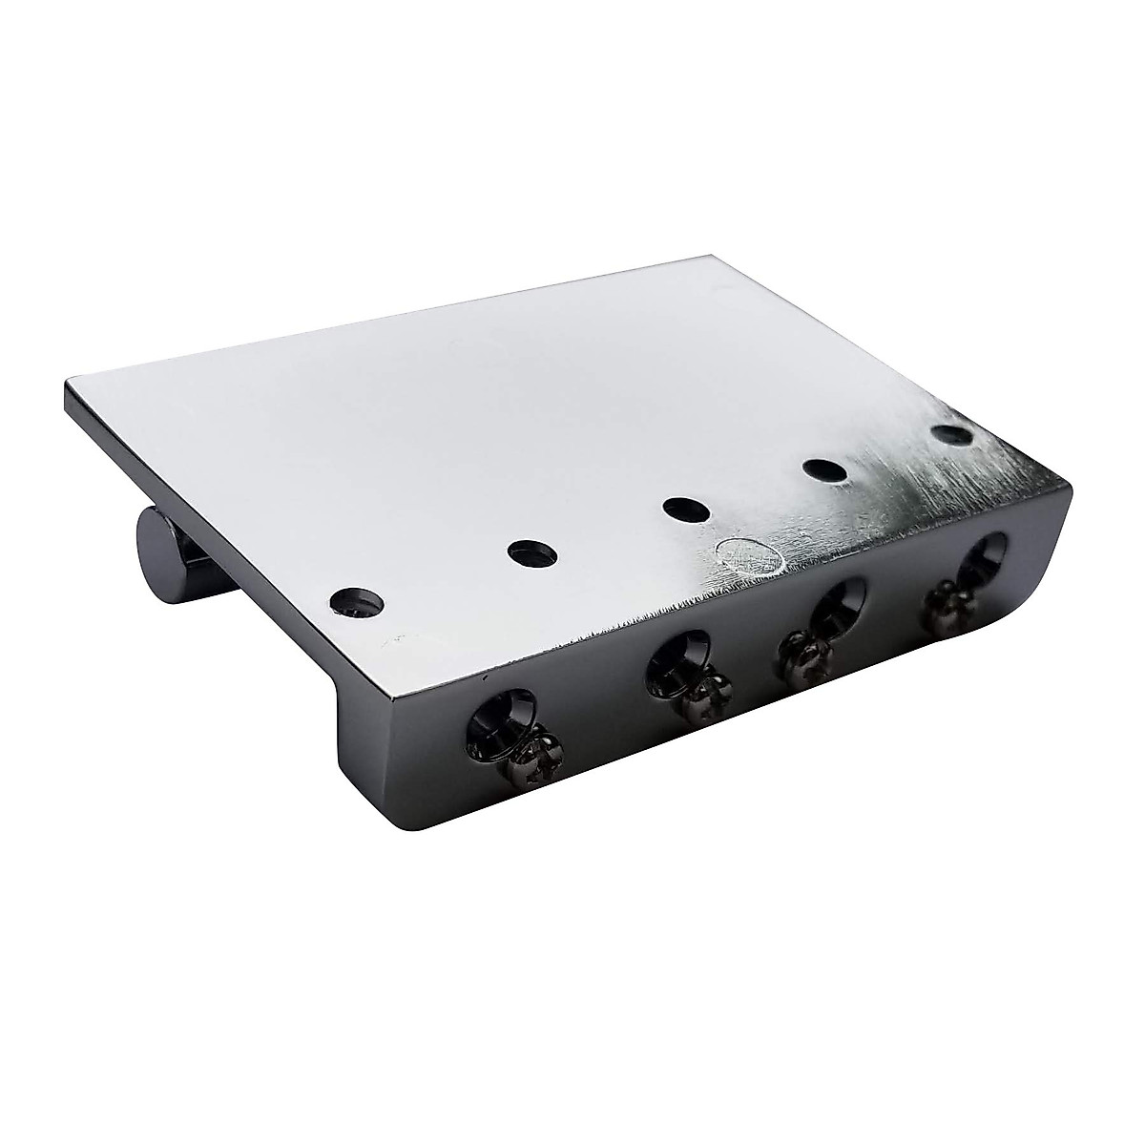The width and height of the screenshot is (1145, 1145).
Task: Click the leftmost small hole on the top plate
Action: (357, 601)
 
